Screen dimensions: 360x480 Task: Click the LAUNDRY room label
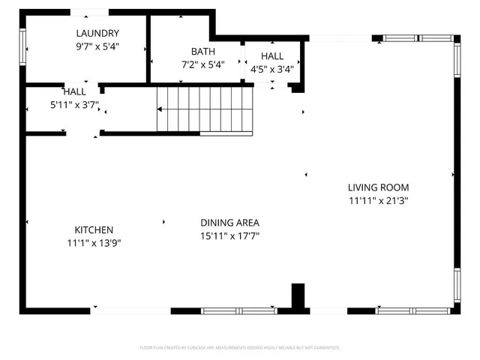coord(97,33)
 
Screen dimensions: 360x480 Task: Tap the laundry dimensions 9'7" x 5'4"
coord(97,46)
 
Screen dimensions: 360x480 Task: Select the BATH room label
coord(202,52)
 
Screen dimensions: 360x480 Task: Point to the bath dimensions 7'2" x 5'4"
coord(202,64)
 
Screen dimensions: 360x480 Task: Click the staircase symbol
coord(203,109)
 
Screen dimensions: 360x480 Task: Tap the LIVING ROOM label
coord(378,187)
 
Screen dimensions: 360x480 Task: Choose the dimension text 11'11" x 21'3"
coord(378,200)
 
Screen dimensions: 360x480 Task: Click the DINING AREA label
coord(229,223)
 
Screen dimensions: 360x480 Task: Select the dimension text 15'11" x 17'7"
coord(229,235)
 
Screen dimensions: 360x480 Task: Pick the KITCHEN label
coord(94,230)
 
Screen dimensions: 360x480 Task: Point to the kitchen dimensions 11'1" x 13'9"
coord(94,243)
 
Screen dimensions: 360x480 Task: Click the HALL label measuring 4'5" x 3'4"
coord(272,56)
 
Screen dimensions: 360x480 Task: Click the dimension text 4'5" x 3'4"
coord(272,69)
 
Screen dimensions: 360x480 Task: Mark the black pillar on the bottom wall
coord(298,297)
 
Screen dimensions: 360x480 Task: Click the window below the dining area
coord(238,310)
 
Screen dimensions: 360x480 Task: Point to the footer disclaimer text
coord(240,348)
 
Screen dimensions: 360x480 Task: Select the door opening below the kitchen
coord(131,310)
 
